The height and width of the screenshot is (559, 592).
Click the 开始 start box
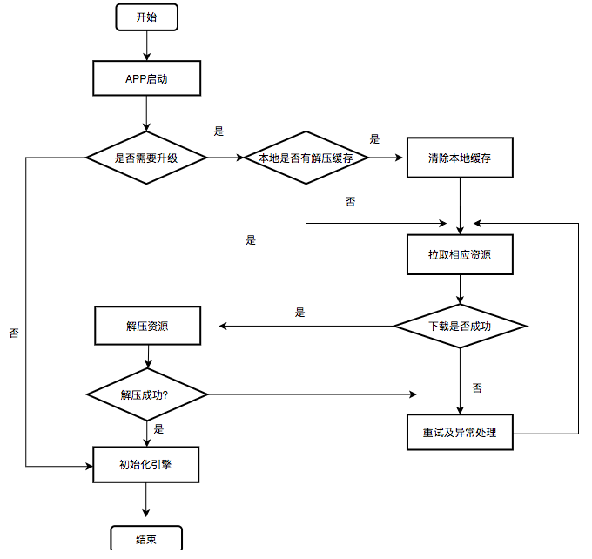[146, 17]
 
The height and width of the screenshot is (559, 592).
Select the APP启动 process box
[146, 78]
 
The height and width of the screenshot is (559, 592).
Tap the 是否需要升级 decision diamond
[146, 158]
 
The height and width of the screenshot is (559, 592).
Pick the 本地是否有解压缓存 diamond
[306, 158]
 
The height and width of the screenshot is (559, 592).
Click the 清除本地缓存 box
[460, 158]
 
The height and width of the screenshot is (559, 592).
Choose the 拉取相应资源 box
[460, 255]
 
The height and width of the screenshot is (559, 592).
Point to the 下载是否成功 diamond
[460, 327]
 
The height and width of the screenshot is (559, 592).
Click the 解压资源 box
[146, 327]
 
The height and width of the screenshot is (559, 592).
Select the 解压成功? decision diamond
[146, 394]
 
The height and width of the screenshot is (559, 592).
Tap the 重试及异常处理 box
[460, 432]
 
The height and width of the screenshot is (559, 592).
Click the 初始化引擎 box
[146, 464]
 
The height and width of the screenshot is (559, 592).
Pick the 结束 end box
[146, 539]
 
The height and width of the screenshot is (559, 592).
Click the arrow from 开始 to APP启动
[146, 45]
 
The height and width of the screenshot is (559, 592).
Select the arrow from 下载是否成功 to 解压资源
[305, 327]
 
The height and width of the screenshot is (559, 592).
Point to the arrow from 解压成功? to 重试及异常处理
[313, 394]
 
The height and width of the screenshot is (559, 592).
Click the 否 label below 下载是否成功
[477, 387]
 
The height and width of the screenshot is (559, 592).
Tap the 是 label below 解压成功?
[158, 428]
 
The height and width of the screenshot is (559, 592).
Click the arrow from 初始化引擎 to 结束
[146, 503]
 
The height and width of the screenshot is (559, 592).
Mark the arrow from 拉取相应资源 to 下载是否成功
[460, 290]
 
